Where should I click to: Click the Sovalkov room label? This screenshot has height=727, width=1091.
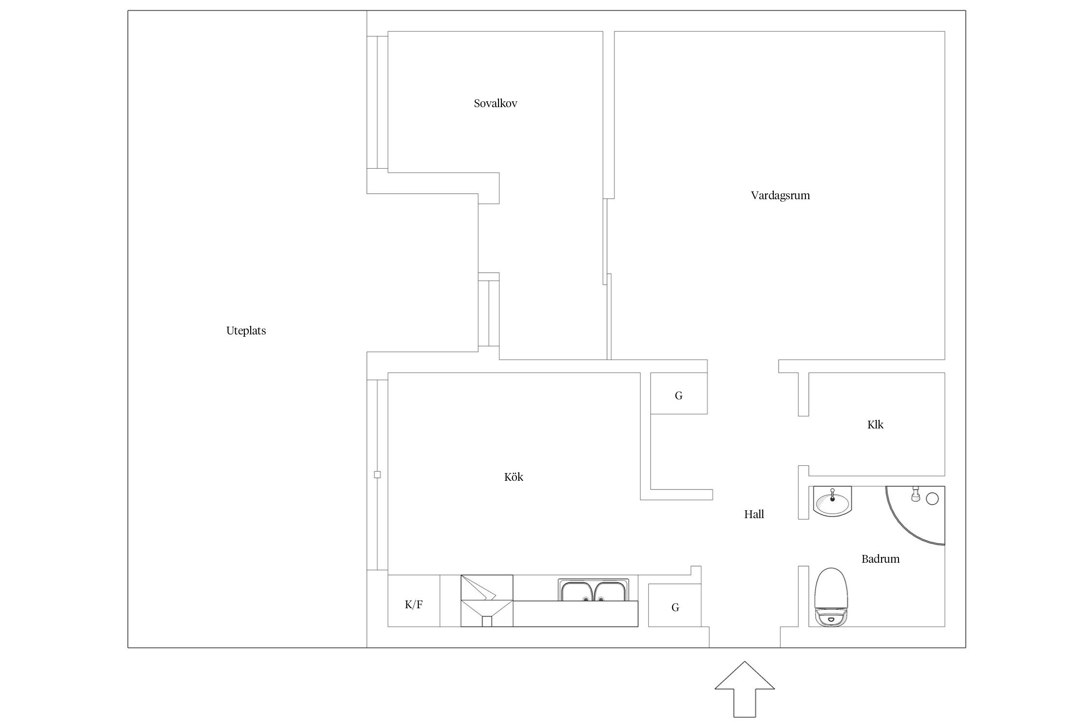tap(495, 103)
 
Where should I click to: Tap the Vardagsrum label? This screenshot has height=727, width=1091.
tap(780, 196)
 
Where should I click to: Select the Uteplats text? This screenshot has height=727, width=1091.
tap(246, 331)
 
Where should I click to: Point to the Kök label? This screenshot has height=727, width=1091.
tap(513, 477)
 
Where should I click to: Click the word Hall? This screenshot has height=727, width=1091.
tap(754, 514)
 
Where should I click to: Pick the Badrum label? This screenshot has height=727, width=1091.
tap(880, 559)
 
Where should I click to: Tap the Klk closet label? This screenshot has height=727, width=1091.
tap(875, 425)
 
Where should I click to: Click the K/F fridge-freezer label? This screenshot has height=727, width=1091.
tap(414, 604)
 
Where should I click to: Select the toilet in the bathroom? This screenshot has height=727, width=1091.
tap(831, 598)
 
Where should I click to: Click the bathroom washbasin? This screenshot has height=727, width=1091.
tap(833, 502)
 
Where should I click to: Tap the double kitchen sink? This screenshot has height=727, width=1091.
tap(594, 590)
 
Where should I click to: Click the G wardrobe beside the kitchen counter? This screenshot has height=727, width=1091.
tap(675, 605)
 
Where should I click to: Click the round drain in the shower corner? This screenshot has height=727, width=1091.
tap(932, 498)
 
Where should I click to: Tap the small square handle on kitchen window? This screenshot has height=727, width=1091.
tap(377, 474)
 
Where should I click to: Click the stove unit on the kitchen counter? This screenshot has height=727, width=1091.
tap(487, 601)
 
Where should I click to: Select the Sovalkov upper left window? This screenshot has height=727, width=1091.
tap(377, 102)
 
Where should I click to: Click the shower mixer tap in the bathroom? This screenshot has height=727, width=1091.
tap(916, 494)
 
